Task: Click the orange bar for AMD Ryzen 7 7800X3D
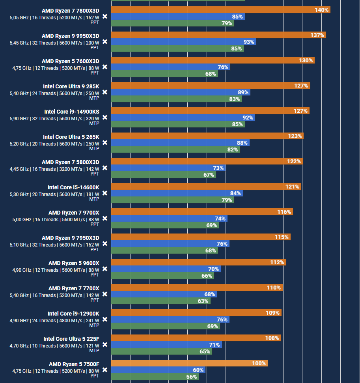coord(221,10)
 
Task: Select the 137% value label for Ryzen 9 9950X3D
coord(317,35)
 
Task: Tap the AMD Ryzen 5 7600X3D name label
coord(70,61)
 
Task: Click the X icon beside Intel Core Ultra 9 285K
coord(104,92)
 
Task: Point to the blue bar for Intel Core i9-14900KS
coord(183,118)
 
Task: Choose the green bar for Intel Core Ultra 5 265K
coord(175,149)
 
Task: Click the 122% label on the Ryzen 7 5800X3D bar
coord(294,161)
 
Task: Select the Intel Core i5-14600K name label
coord(73,187)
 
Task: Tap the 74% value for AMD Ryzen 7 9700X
coord(220,219)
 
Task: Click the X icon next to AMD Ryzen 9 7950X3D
coord(104,243)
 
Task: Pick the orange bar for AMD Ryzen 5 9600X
coord(198,262)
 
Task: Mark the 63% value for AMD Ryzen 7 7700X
coord(203,301)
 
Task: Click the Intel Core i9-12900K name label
coord(73,314)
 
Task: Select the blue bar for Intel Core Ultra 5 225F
coord(166,345)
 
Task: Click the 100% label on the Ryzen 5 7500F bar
coord(259,363)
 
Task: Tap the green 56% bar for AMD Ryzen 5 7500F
coord(155,377)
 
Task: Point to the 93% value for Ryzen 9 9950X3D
coord(249,42)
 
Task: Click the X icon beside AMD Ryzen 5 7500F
coord(104,370)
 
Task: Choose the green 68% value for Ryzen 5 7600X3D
coord(211,74)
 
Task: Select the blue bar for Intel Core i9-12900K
coord(170,319)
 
